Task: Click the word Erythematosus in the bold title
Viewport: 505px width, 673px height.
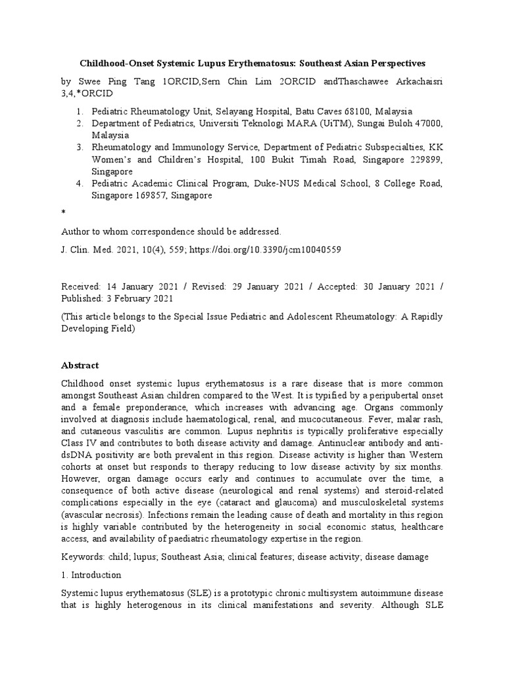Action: pos(254,63)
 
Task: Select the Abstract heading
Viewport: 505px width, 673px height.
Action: pos(81,365)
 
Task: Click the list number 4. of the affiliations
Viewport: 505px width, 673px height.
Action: pos(80,183)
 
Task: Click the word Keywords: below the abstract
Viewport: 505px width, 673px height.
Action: pos(82,556)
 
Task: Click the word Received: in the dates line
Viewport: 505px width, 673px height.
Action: pos(81,287)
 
